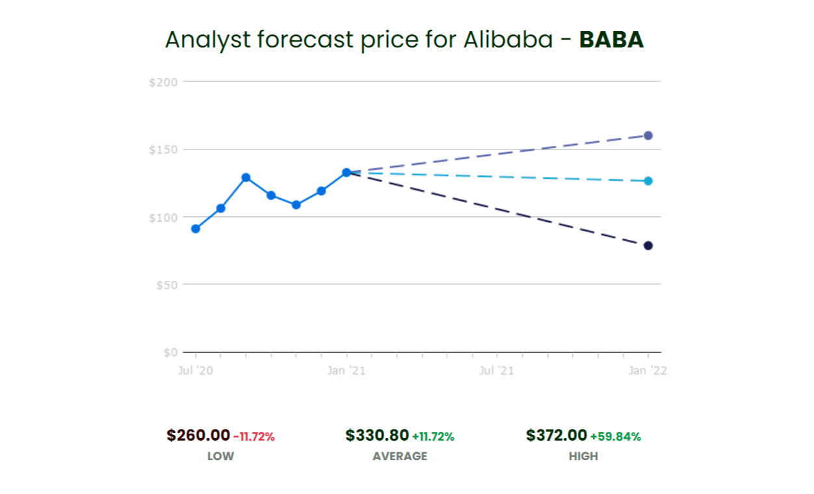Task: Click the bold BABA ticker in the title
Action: [x=611, y=40]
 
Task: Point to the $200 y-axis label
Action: [x=163, y=82]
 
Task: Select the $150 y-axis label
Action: [x=163, y=149]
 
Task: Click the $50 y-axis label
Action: [x=166, y=285]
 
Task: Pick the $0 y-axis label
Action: [x=170, y=352]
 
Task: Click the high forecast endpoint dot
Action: [x=648, y=135]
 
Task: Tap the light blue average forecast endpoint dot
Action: [x=648, y=181]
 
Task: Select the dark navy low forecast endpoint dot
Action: [x=648, y=246]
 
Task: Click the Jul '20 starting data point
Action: [x=196, y=229]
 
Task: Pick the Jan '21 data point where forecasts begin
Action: [x=347, y=173]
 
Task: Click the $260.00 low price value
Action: [x=198, y=435]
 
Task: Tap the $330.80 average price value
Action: [x=377, y=435]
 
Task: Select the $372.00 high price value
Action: [x=557, y=435]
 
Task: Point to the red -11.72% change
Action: [x=254, y=437]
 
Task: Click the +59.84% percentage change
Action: [x=615, y=437]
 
